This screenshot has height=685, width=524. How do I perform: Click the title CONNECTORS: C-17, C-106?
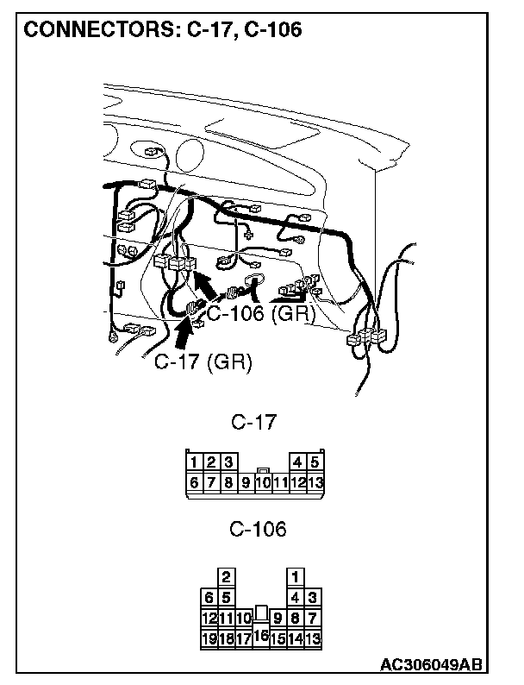pyautogui.click(x=162, y=30)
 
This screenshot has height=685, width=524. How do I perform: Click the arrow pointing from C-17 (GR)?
pyautogui.click(x=185, y=333)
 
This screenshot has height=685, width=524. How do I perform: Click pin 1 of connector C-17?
pyautogui.click(x=196, y=462)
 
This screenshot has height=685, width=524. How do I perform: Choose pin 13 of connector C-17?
pyautogui.click(x=315, y=482)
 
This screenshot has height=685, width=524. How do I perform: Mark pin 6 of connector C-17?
pyautogui.click(x=196, y=482)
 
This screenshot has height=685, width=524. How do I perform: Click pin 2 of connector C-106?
pyautogui.click(x=226, y=575)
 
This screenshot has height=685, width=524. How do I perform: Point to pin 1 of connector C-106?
pyautogui.click(x=296, y=575)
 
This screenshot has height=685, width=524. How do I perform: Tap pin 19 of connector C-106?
pyautogui.click(x=209, y=638)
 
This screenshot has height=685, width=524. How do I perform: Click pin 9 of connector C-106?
pyautogui.click(x=278, y=618)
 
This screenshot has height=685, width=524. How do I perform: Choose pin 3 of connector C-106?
pyautogui.click(x=313, y=597)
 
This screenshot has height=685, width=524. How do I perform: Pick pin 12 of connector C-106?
pyautogui.click(x=209, y=618)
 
